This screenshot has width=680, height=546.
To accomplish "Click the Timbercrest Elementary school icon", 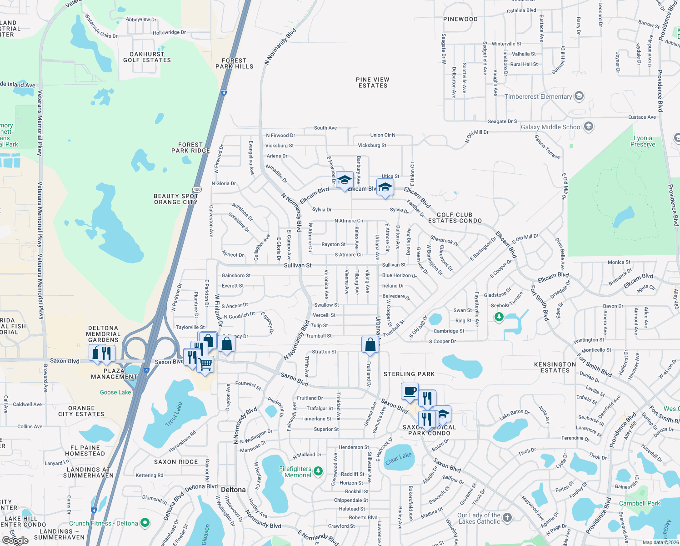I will coord(579,96).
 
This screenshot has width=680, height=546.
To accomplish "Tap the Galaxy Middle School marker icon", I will coord(589,126).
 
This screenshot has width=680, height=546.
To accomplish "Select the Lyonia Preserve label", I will coord(643,141).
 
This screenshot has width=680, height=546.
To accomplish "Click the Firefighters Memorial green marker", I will coord(318,471).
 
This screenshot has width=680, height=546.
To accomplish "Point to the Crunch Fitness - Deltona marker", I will coord(145,523).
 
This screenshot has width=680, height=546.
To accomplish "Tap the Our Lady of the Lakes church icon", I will coord(507,518).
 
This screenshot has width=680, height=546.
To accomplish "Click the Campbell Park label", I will coord(640,503).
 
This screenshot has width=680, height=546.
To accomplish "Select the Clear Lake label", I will coord(398,458).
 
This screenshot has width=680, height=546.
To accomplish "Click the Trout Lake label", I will coord(174,414).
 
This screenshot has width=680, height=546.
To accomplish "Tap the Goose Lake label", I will coord(115,392).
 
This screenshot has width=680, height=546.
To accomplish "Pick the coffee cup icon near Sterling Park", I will coord(410,391).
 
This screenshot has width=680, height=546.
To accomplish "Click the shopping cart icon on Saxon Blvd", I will coord(205,364).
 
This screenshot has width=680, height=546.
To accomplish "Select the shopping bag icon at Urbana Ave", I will coord(370,344).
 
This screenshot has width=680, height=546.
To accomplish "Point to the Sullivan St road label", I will coord(298,265).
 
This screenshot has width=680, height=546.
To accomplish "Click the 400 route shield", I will coord(197,189).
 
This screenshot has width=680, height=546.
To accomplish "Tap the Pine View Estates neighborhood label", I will coord(373,82).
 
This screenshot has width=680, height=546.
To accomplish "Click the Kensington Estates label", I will coord(555,368).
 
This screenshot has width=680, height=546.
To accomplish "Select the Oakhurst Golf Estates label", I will coord(147,57).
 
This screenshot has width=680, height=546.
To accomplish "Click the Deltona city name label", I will coord(233,490).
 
